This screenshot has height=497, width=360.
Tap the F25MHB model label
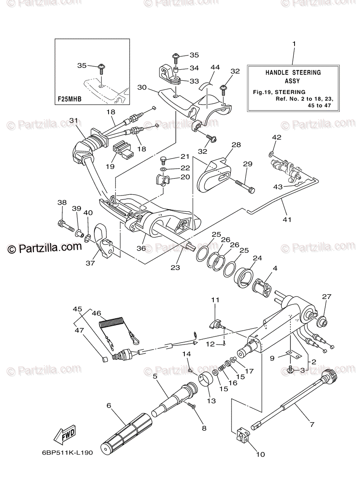[x=70, y=99]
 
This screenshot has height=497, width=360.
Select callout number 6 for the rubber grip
[x=109, y=405]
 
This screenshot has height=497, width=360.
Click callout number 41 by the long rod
[x=287, y=220]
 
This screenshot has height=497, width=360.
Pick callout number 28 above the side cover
[x=236, y=145]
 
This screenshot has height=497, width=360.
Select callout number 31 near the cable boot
[x=74, y=121]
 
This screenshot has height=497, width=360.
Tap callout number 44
[x=215, y=67]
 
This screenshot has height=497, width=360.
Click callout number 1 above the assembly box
[x=294, y=44]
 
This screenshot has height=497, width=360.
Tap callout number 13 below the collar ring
[x=211, y=401]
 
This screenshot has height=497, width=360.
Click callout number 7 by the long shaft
[x=312, y=425]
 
